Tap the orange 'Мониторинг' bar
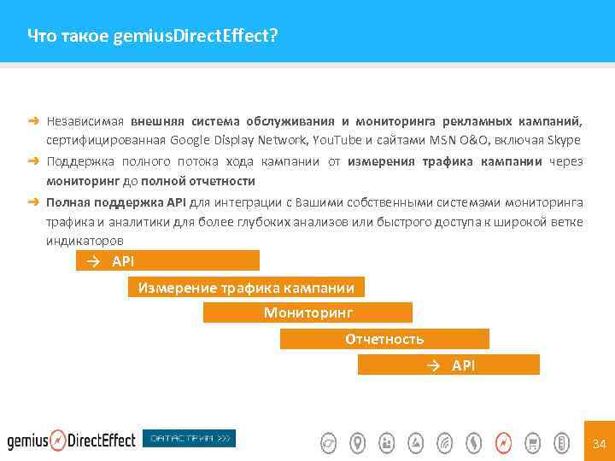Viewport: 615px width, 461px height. click(307, 312)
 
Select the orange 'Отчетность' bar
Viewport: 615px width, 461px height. click(384, 339)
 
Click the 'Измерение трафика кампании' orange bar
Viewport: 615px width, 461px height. click(246, 287)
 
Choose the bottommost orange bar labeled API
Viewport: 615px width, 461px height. click(448, 365)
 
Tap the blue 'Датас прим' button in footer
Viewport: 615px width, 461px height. click(189, 439)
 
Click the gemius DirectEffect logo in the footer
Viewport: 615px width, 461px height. click(72, 441)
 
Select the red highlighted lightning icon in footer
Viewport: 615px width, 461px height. click(503, 442)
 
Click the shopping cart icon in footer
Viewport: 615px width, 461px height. click(532, 442)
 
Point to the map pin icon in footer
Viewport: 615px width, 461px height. click(358, 442)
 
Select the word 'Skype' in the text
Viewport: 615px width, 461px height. click(565, 141)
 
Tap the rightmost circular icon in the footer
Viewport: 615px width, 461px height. click(561, 442)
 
